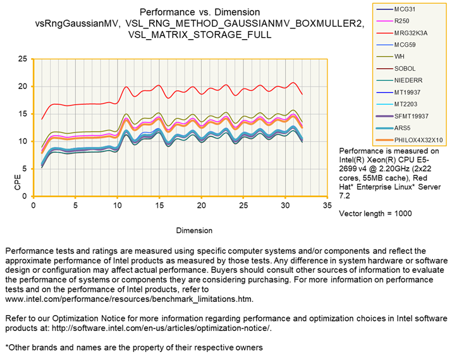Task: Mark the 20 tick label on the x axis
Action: click(201, 206)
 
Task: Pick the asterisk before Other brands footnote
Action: click(7, 347)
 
